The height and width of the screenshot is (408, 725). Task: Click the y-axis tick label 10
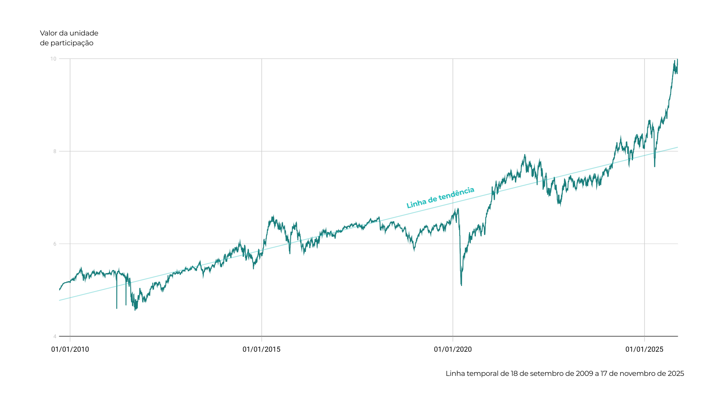pos(53,59)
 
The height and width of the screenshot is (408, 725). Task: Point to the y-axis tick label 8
pos(54,151)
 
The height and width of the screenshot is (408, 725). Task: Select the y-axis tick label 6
pos(54,244)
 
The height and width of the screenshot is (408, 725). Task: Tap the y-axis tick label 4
pos(54,336)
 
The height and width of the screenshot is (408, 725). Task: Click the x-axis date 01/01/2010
pos(70,349)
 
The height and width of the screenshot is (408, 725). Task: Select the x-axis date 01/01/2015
pos(261,349)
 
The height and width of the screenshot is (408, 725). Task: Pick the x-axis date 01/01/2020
pos(453,349)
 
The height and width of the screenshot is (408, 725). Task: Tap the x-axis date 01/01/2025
pos(644,349)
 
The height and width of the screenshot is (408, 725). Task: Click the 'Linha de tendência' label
pos(440,198)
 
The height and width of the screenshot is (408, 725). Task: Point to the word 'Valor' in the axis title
pos(48,33)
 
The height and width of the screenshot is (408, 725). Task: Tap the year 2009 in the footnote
pos(585,374)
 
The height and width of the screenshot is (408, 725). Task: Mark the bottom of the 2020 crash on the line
pos(461,285)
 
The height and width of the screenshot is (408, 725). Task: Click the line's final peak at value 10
pos(677,59)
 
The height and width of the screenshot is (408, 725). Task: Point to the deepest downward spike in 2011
pos(117,308)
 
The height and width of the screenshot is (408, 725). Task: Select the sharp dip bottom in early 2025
pos(655,166)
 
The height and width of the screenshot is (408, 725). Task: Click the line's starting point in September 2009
pos(60,290)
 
